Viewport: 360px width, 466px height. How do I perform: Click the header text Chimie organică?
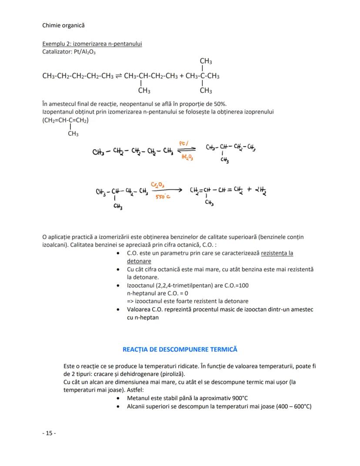tap(63, 25)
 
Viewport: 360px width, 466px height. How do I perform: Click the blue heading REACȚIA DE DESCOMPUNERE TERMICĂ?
tap(180, 349)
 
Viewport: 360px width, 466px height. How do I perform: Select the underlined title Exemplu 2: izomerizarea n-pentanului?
tap(92, 44)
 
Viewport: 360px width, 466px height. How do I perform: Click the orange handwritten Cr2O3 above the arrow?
tap(157, 184)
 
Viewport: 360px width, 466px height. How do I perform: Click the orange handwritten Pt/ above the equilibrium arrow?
tap(183, 143)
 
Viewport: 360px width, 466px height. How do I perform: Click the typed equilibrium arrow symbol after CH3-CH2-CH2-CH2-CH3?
tap(118, 76)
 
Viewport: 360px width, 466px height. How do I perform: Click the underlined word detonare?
tap(139, 261)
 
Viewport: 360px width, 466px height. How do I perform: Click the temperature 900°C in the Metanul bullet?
tap(238, 398)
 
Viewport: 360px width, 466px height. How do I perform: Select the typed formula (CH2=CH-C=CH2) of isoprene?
tap(65, 120)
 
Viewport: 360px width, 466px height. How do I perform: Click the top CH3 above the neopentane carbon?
tap(206, 61)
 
